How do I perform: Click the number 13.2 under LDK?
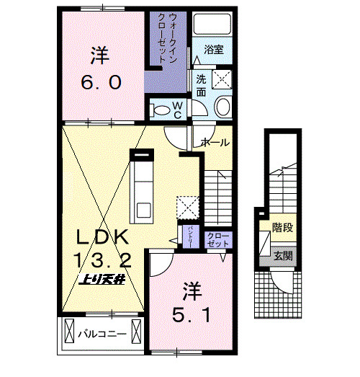[x=102, y=260]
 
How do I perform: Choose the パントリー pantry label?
[x=189, y=237]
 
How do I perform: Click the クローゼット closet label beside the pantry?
[x=215, y=240]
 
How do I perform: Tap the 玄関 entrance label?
[x=282, y=256]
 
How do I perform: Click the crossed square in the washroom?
[x=222, y=79]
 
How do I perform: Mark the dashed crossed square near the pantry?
[x=187, y=206]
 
